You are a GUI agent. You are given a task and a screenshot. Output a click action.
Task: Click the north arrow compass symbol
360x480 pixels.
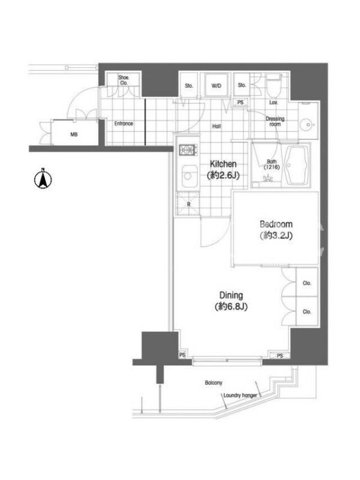[43, 179]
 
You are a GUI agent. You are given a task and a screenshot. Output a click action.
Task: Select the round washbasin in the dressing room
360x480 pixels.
[306, 125]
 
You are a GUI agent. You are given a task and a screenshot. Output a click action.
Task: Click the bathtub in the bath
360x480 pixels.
[296, 166]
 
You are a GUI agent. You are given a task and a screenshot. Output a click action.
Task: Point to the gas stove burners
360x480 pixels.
[188, 149]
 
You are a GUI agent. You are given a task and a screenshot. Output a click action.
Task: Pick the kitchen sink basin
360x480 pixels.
[188, 176]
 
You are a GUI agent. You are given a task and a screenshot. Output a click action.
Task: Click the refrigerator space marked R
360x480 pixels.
[188, 203]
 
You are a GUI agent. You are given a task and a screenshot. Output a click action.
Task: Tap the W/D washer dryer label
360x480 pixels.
[216, 86]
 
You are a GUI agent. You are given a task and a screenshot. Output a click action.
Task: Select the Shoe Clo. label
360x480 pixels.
[124, 80]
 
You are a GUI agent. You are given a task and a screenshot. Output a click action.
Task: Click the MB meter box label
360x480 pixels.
[74, 134]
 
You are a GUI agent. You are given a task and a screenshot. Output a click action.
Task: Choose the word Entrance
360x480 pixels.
[124, 124]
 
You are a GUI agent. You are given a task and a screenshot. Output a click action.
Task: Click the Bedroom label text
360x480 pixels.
[276, 224]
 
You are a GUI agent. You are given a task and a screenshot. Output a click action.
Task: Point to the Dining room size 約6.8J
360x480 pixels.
[231, 307]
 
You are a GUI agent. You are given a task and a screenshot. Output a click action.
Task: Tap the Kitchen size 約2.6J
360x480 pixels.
[223, 175]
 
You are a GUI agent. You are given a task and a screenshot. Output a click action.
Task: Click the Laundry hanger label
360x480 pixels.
[240, 395]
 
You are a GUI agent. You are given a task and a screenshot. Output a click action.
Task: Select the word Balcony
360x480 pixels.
[214, 383]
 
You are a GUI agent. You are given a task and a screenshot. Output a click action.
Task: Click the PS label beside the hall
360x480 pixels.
[241, 102]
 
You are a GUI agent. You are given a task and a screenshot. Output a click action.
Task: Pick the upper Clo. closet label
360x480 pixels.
[307, 283]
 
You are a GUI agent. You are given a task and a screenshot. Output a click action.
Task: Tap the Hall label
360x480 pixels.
[217, 126]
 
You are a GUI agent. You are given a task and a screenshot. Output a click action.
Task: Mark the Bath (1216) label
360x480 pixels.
[272, 164]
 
